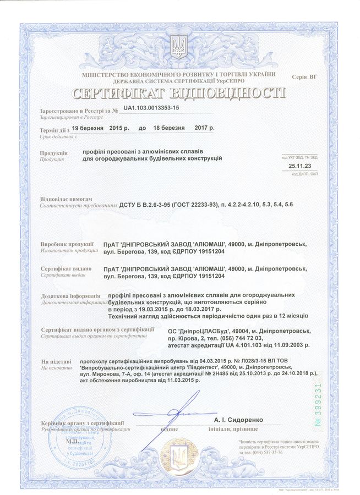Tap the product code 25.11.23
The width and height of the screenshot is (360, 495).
(x=299, y=165)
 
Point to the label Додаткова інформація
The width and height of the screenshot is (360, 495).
(x=70, y=297)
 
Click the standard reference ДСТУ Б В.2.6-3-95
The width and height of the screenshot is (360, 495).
(x=144, y=205)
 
